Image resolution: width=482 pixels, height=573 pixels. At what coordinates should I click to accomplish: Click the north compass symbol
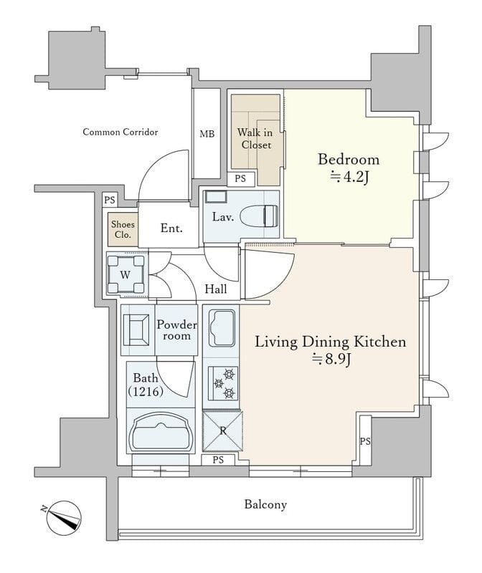tap(63, 518)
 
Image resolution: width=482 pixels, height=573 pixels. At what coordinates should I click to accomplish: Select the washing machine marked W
tap(126, 274)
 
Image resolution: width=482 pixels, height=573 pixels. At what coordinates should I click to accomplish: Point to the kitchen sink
tap(222, 329)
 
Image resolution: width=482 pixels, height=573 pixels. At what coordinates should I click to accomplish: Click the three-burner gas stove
tap(223, 383)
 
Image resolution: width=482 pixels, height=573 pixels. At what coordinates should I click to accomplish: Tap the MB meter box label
tap(207, 134)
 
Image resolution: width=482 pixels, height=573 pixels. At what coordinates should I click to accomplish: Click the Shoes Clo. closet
tap(123, 230)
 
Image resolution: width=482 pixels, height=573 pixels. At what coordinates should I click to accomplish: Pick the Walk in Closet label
tap(255, 138)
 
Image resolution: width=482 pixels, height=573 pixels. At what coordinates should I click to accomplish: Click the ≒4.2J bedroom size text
tap(349, 177)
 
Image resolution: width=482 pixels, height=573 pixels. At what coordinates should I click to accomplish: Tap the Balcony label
tap(265, 505)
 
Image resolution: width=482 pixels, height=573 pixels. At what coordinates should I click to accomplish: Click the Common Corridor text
tap(120, 132)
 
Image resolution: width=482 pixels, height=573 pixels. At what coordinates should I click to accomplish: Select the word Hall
tap(216, 289)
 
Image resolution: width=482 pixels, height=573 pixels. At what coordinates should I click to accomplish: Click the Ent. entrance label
tap(171, 228)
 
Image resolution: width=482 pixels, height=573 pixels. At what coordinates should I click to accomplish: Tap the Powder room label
tap(176, 329)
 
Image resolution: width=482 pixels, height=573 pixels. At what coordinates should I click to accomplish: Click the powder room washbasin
tap(136, 330)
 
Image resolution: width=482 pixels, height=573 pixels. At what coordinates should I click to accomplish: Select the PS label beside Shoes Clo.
tap(110, 200)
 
